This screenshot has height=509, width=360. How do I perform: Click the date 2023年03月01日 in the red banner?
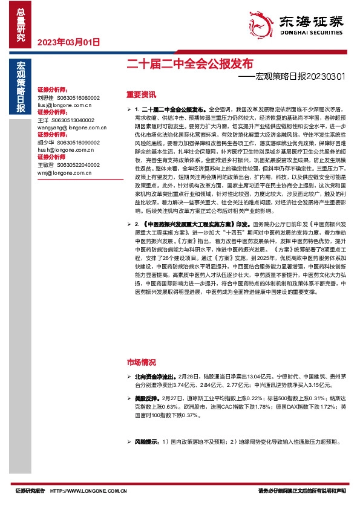pyautogui.click(x=68, y=42)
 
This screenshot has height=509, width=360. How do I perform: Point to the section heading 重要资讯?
pyautogui.click(x=141, y=94)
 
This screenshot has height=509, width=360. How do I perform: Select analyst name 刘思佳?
pyautogui.click(x=45, y=97)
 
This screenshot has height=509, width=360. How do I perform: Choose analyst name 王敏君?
pyautogui.click(x=45, y=164)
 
